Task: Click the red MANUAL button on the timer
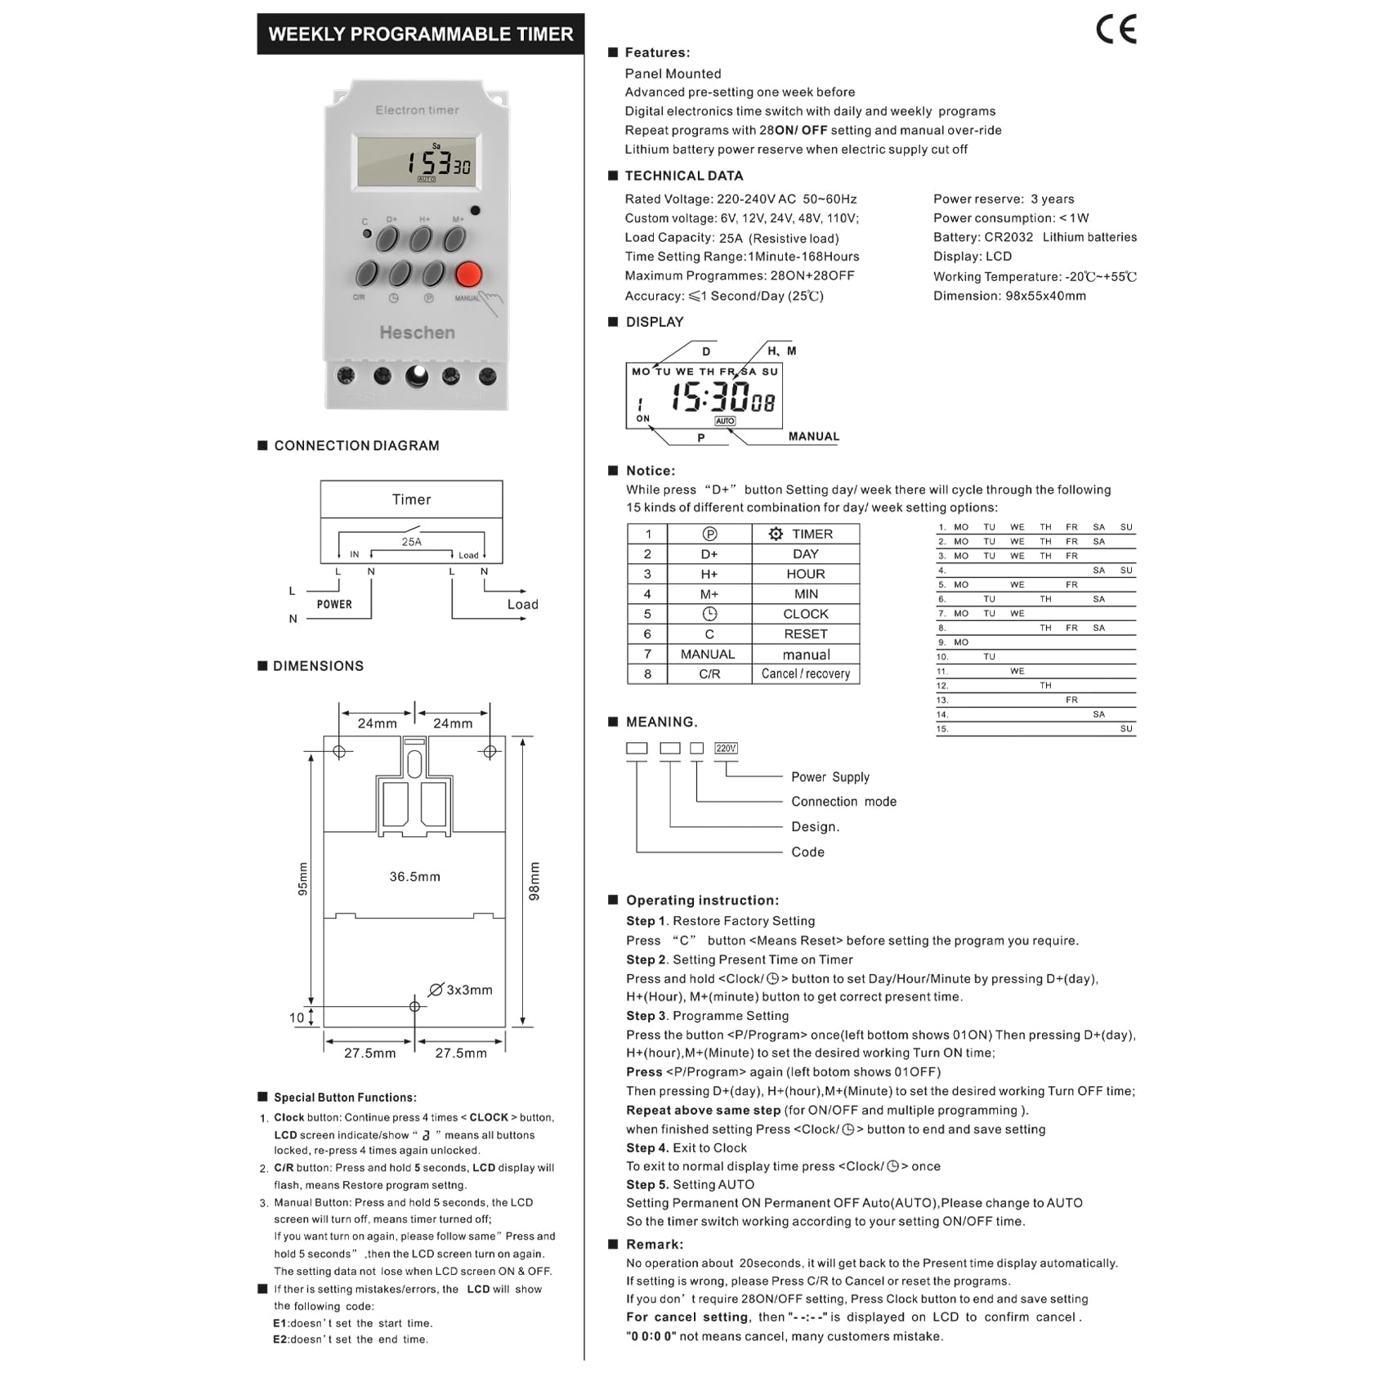[x=468, y=274]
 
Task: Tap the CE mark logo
[x=1116, y=30]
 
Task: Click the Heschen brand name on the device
[x=417, y=333]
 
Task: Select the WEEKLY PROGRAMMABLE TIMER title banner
[x=421, y=34]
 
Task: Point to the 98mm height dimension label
[x=534, y=881]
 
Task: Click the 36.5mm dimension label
[x=414, y=877]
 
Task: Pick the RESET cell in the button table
[x=805, y=634]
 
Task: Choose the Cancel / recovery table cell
[x=805, y=674]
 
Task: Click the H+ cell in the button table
[x=709, y=575]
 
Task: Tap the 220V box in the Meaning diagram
[x=726, y=749]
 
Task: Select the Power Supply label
[x=830, y=777]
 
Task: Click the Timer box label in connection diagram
[x=411, y=499]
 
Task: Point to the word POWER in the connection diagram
[x=334, y=605]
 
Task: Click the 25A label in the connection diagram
[x=411, y=542]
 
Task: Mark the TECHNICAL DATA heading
[x=683, y=176]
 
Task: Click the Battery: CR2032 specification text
[x=1035, y=237]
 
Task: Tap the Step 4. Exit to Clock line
[x=686, y=1148]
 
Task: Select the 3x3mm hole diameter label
[x=468, y=991]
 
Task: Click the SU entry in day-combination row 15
[x=1126, y=729]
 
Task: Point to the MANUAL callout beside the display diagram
[x=813, y=436]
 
